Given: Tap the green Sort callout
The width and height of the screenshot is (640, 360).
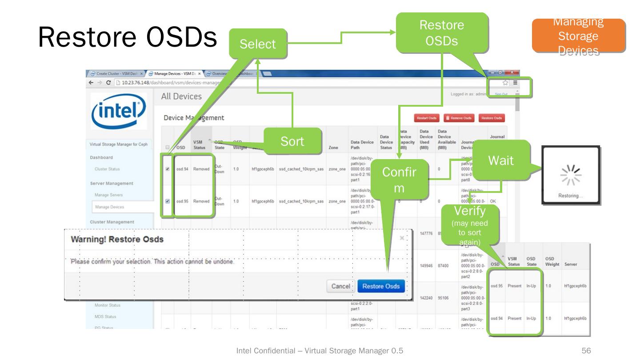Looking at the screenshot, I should [x=293, y=141].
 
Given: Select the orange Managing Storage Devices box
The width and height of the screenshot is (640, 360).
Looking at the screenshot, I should [x=576, y=36].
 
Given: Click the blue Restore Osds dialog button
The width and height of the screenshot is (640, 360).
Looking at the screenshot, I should [x=380, y=286].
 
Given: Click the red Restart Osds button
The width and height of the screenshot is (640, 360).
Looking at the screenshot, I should [x=426, y=118].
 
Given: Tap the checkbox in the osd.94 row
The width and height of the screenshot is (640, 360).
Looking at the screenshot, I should [x=167, y=169].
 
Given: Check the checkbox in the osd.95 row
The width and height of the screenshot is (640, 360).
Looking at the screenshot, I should [x=167, y=201].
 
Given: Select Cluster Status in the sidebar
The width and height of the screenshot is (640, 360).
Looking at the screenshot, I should [x=107, y=169].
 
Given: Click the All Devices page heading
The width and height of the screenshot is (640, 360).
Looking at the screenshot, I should [x=182, y=96].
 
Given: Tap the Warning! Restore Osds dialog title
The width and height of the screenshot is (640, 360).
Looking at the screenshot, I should [x=117, y=240].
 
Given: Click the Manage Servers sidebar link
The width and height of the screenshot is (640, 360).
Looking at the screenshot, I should [x=109, y=195].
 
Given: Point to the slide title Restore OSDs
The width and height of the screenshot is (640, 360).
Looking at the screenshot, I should [x=128, y=38].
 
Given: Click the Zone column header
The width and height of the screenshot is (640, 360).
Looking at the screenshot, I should [x=333, y=148].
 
